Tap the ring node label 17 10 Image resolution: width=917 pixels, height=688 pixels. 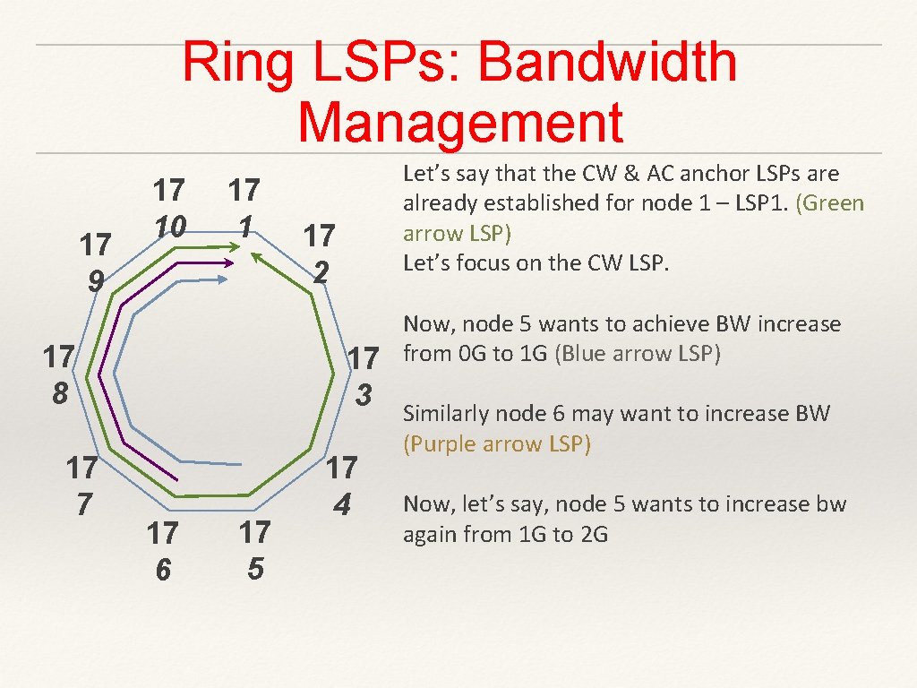coord(168,209)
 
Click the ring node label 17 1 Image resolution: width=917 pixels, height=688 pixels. coord(244,208)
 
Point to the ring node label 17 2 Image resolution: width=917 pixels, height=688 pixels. coord(319,253)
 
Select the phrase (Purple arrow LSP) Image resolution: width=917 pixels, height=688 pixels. coord(497,444)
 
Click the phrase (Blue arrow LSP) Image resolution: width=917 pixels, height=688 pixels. coord(638,354)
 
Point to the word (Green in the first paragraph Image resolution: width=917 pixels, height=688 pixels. coord(830,203)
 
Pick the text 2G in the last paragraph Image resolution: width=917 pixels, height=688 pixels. coord(593,535)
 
